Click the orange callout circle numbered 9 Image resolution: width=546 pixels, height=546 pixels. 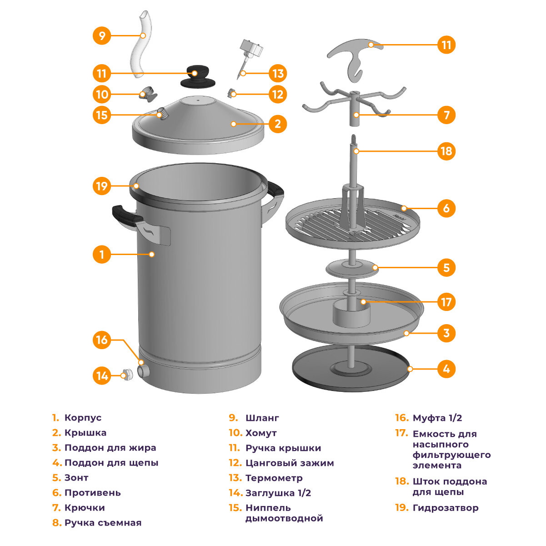pos(102,35)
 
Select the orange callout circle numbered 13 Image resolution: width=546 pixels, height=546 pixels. pos(278,73)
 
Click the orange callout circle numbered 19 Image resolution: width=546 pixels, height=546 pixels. pos(102,185)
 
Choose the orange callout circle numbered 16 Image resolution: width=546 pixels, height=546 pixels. pos(102,340)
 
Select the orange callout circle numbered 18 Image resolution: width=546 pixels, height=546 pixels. pos(446,151)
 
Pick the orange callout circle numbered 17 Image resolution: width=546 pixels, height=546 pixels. pos(446,302)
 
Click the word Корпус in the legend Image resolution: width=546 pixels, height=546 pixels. pos(83,418)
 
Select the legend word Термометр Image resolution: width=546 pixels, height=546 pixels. pos(274,478)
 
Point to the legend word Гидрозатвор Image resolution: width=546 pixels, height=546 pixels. pos(445,508)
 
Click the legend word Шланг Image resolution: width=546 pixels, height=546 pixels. pos(262,418)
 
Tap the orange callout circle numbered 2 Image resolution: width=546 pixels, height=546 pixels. pos(278,123)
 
